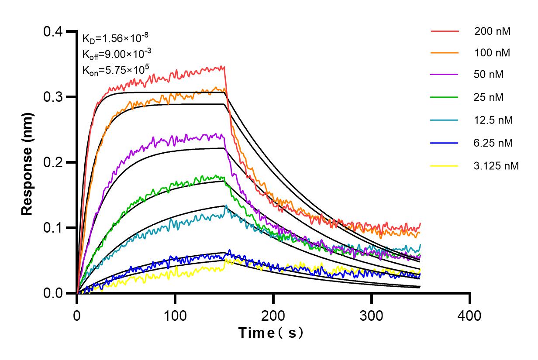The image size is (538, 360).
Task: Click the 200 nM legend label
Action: [492, 31]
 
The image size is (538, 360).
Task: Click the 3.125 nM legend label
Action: [496, 166]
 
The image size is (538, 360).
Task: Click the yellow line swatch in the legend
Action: [445, 166]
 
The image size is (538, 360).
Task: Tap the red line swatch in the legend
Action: [445, 31]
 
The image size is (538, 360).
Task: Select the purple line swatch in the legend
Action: [445, 75]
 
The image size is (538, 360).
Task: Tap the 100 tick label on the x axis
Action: [175, 315]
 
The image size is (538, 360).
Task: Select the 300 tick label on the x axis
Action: [372, 315]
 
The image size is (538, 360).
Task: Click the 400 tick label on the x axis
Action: [470, 315]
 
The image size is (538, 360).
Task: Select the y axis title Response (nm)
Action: [28, 162]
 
